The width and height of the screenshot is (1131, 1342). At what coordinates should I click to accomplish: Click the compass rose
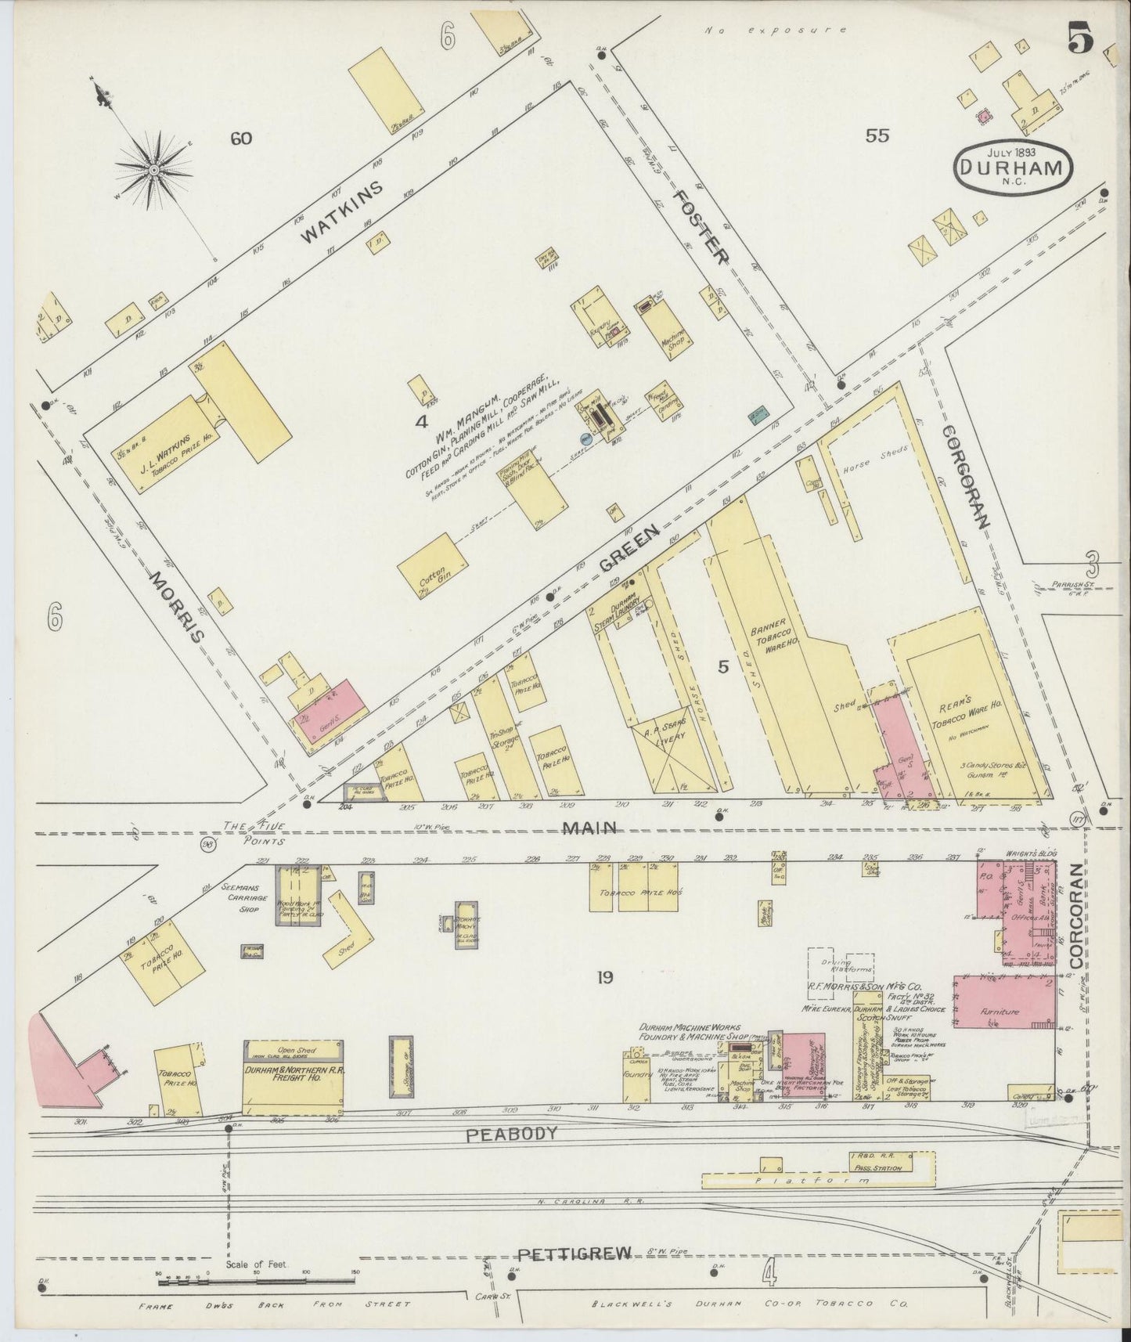coord(155,168)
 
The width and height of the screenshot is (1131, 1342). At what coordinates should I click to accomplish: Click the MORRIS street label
coord(178,607)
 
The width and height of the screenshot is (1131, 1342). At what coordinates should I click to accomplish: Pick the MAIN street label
coord(595,827)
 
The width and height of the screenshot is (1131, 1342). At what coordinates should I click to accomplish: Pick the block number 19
coord(603,977)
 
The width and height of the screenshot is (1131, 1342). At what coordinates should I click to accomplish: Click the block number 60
coord(240,139)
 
